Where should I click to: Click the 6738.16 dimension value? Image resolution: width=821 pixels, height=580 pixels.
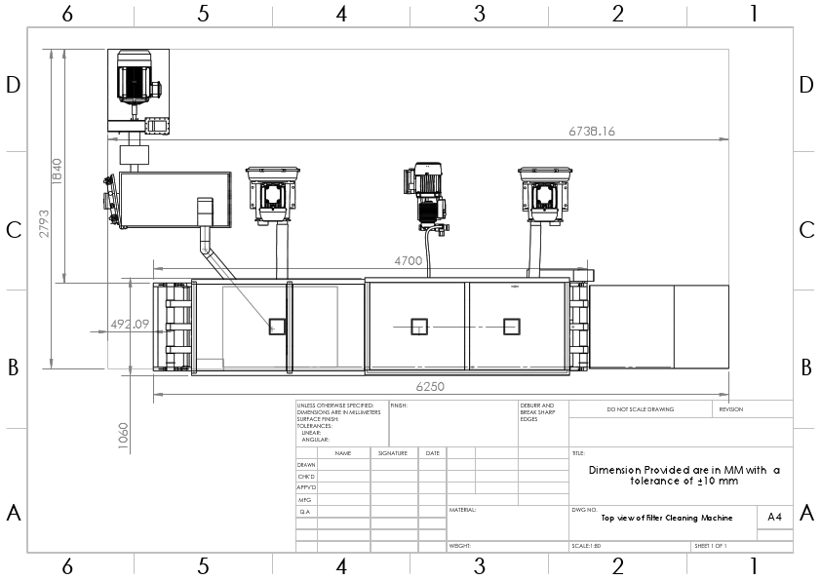592,130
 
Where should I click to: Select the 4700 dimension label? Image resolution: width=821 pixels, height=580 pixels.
408,260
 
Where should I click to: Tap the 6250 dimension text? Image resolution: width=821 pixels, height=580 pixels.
430,386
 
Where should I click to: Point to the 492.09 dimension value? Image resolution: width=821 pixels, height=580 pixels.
129,324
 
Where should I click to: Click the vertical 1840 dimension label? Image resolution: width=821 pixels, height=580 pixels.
57,173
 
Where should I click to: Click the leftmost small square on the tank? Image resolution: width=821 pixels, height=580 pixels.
278,327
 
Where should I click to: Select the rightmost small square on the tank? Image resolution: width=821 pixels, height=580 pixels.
512,327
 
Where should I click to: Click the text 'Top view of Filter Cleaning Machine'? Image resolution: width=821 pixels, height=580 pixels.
666,519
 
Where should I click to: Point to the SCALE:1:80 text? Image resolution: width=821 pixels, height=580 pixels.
588,546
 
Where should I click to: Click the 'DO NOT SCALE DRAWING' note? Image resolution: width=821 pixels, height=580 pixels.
641,409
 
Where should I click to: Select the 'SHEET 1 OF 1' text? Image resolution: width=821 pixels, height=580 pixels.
711,546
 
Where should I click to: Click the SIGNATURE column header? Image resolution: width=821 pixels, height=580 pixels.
393,453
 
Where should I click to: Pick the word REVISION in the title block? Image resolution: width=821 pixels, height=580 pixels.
731,409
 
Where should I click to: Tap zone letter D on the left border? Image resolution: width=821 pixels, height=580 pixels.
14,85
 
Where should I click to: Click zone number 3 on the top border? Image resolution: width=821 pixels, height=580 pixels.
479,13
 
